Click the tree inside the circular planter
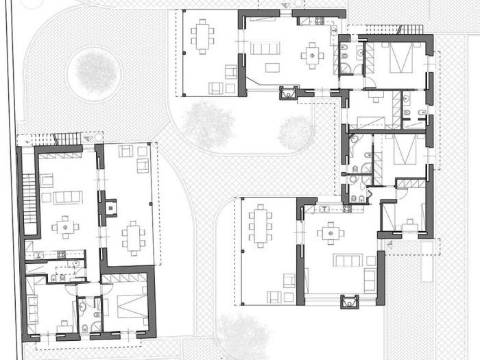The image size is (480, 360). pos(95,69)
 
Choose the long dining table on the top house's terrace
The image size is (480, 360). pos(202,36)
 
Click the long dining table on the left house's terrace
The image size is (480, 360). pos(132,237)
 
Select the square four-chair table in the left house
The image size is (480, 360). pos(65,226)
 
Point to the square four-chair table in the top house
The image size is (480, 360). pos(313,54)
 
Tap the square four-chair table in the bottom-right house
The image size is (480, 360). pos(331,232)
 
